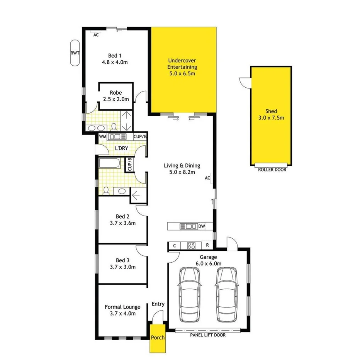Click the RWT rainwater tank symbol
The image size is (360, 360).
(75, 53)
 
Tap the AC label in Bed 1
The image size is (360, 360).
(96, 35)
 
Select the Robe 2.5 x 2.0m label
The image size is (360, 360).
(115, 96)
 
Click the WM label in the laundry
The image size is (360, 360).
(102, 137)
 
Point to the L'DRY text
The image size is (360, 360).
(122, 148)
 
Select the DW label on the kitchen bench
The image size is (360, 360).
(201, 227)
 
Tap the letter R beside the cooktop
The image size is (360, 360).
(207, 245)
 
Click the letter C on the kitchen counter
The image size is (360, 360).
(175, 245)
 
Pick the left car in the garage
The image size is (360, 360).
(190, 295)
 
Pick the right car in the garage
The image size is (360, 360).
(226, 295)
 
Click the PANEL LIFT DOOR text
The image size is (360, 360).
(207, 335)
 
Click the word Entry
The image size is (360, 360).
(158, 304)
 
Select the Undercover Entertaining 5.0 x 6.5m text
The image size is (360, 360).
(183, 67)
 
